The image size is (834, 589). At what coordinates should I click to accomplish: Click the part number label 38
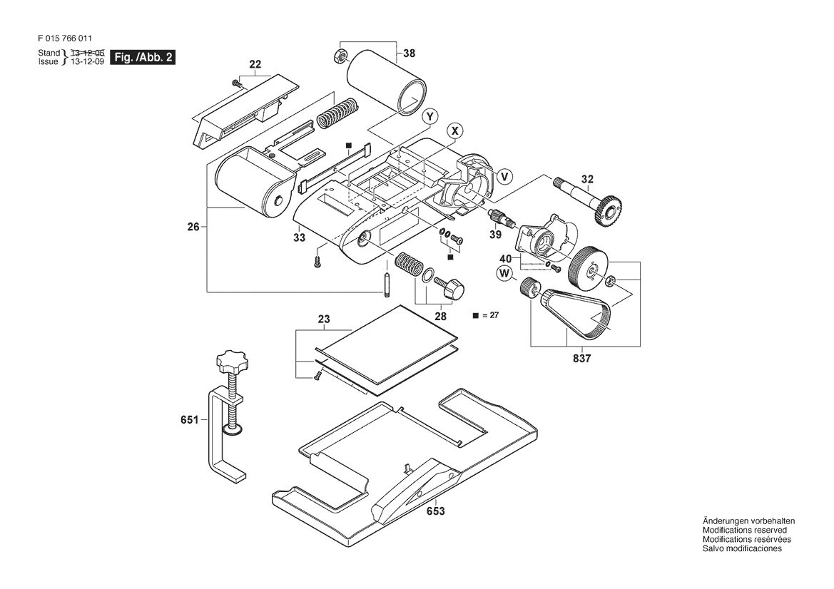pos(410,53)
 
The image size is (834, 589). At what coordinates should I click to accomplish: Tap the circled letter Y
pos(429,116)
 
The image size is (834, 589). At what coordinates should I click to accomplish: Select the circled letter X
pos(454,130)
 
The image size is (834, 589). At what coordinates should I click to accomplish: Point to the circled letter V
pos(505,176)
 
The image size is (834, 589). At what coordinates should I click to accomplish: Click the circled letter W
pos(504,274)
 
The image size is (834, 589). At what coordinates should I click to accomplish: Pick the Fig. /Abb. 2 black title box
pos(143,58)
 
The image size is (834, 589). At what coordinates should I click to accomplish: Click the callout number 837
pos(582,359)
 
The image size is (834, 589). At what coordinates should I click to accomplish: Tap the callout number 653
pos(435,511)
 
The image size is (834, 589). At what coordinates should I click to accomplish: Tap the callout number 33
pos(300,237)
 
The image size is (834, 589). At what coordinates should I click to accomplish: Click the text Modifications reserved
pos(745,530)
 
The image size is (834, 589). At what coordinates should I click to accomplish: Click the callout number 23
pos(324,319)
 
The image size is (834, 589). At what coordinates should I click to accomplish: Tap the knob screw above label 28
pos(449,287)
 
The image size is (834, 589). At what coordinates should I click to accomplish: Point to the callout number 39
pos(495,235)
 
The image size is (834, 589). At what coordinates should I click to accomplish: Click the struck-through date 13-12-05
pos(87,53)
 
